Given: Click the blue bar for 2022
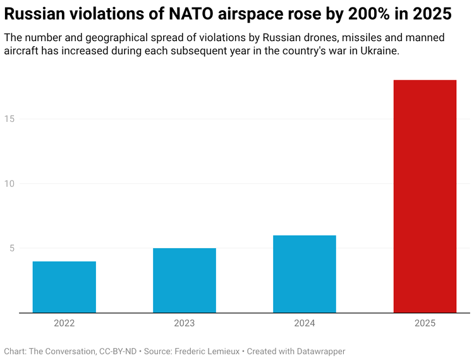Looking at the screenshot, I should pos(64,287).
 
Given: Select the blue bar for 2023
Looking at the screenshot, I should pos(185,280).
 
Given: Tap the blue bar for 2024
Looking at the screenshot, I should pos(305,274).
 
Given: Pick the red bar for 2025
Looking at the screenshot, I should pos(425,196).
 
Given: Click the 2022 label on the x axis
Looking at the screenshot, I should pos(64,323).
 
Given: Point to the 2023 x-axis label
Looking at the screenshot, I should pos(185,323).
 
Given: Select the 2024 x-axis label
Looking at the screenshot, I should pos(305,323).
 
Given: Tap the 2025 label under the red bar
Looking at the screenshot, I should pos(425,323).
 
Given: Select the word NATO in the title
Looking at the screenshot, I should pos(187,13).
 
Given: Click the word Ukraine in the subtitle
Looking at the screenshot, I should pos(379,52).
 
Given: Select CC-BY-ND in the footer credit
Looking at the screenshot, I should pos(115,351).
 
